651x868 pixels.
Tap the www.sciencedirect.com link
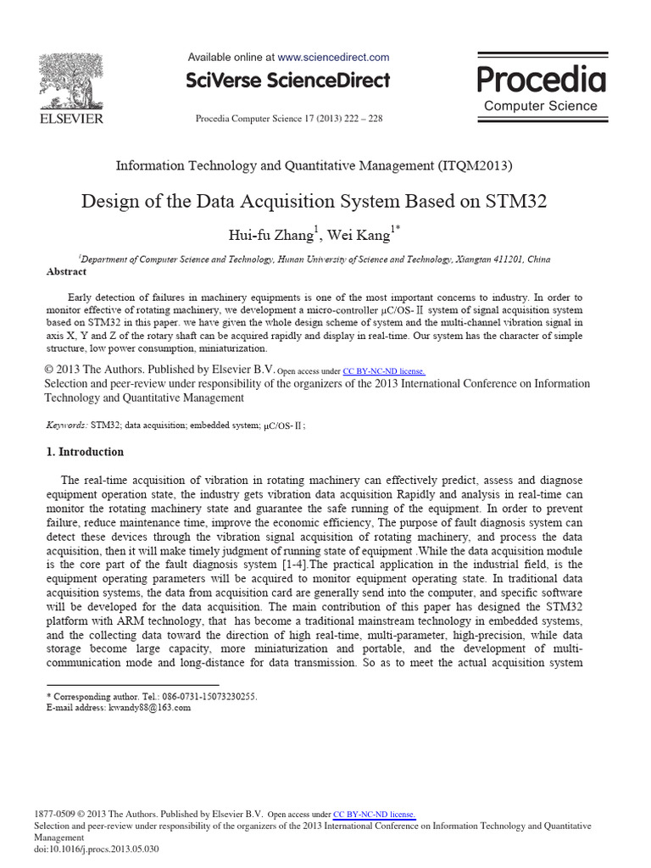tap(333, 58)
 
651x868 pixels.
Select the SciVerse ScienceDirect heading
tap(288, 81)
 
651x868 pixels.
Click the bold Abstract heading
tap(66, 272)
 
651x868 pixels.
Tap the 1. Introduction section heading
tap(85, 453)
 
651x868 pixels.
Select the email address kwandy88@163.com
tap(148, 708)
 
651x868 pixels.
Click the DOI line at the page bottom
tap(97, 849)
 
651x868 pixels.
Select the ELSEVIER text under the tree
tap(71, 120)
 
